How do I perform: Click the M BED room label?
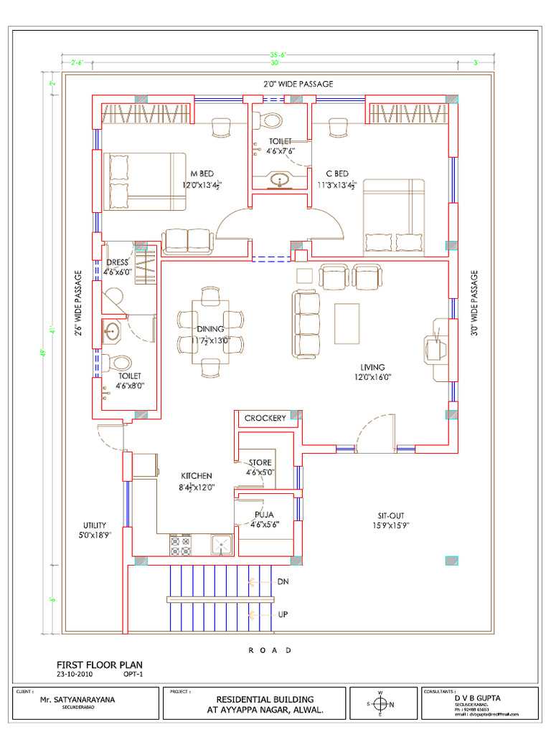[x=202, y=174]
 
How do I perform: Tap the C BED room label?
[x=336, y=174]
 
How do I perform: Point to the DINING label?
[x=210, y=329]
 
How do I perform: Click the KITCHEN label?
[x=196, y=476]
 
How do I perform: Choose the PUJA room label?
[x=265, y=515]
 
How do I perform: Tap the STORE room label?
[x=260, y=463]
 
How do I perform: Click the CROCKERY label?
[x=265, y=418]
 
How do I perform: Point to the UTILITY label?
[x=95, y=525]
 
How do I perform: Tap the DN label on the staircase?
[x=283, y=582]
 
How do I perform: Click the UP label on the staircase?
[x=283, y=614]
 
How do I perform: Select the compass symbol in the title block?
[x=382, y=703]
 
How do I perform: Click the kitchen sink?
[x=221, y=545]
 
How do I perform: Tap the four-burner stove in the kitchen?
[x=181, y=545]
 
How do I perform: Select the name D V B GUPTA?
[x=477, y=697]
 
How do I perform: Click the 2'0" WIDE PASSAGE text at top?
[x=298, y=84]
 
